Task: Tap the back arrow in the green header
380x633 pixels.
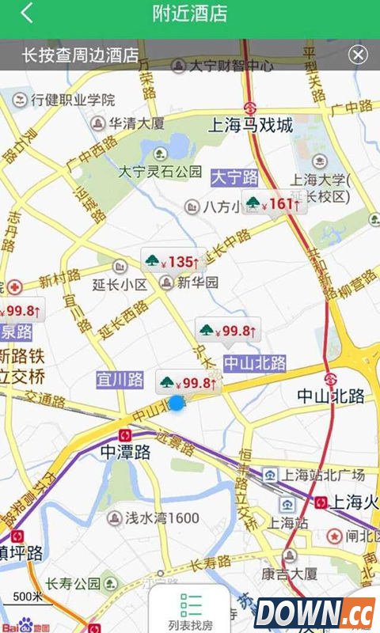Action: tap(28, 13)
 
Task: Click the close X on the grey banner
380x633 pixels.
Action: tap(358, 55)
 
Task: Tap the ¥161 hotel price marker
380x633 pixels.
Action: tap(272, 204)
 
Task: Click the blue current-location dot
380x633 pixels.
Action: tap(176, 404)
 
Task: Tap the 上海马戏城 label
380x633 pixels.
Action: tap(250, 125)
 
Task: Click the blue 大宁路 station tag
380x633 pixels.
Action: tap(234, 177)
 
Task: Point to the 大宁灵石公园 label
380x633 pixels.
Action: tap(161, 171)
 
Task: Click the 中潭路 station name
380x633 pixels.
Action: tap(126, 453)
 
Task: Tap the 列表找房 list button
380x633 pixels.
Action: tap(190, 611)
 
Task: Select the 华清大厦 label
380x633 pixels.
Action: tap(136, 123)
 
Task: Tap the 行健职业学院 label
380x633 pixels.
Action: tap(73, 100)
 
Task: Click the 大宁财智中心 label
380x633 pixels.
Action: tap(231, 66)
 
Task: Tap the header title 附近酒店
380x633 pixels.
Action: tap(190, 13)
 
